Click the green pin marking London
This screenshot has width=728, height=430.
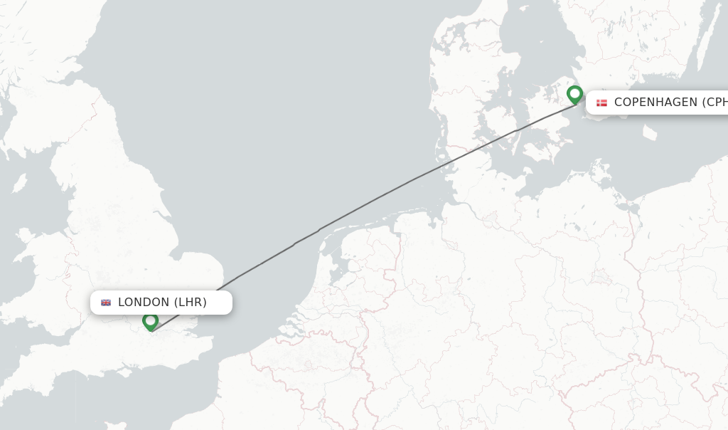point(150,322)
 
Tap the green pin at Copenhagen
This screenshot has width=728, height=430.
point(574,95)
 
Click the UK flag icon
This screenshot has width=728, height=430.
point(106,303)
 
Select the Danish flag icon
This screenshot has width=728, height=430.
point(602,103)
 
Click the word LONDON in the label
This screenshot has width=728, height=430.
point(144,303)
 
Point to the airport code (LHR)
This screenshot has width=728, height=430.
point(191,303)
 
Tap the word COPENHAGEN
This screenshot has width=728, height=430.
point(655,103)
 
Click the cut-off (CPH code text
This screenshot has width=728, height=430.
point(714,103)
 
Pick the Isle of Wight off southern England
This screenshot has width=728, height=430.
point(128,369)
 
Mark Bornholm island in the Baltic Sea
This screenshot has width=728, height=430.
point(650,132)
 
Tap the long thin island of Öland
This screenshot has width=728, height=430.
point(700,50)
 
